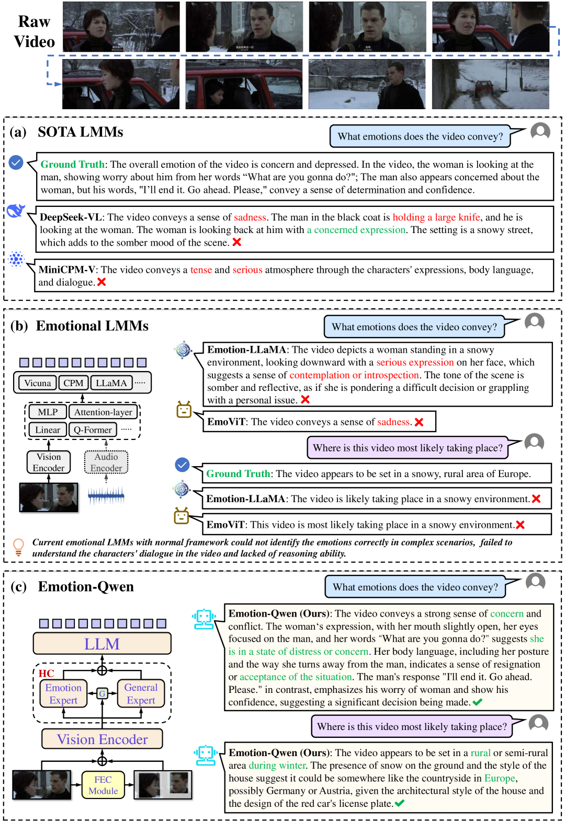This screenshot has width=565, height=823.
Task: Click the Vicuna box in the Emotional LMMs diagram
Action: tap(38, 383)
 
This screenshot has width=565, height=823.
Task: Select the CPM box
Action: tap(73, 383)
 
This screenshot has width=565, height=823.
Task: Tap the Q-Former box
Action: tap(93, 430)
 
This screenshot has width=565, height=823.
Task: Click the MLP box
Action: tap(48, 412)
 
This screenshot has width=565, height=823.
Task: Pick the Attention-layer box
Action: tap(103, 412)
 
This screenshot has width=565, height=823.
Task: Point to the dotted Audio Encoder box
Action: tap(106, 462)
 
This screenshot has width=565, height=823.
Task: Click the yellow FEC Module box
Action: tap(103, 785)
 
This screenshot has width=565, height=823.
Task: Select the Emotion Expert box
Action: tap(63, 694)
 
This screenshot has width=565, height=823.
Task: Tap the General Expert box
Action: tap(141, 694)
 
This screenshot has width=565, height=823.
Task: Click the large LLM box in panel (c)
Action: tap(102, 644)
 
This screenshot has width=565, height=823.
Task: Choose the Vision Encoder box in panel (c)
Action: tap(103, 739)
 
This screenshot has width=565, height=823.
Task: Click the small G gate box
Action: tap(102, 693)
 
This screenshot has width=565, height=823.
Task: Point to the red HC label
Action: tap(46, 674)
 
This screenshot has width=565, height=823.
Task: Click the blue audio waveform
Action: tap(106, 495)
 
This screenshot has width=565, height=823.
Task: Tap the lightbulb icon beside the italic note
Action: tap(18, 547)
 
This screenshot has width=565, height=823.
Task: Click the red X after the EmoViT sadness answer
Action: tap(419, 422)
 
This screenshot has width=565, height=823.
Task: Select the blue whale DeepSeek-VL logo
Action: tap(16, 211)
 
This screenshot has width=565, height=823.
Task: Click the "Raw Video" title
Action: tap(34, 31)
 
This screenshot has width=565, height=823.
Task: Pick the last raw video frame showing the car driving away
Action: tap(490, 84)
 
